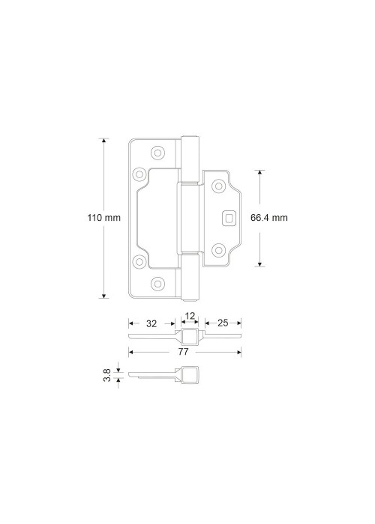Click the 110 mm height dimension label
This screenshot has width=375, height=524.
pos(103,218)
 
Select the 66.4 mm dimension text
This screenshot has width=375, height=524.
pos(269,218)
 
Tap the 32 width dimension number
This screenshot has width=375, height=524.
pos(151,323)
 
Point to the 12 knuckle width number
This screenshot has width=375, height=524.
pos(190,316)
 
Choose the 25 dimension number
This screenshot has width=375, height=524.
pos(223,323)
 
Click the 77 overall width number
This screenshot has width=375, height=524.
pos(184,352)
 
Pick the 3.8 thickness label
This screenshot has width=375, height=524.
pos(107,375)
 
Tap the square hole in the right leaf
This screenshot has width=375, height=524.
pos(229,219)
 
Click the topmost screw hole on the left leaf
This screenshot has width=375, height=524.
pos(157,153)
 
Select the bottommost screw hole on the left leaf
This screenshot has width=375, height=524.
pos(157,284)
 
